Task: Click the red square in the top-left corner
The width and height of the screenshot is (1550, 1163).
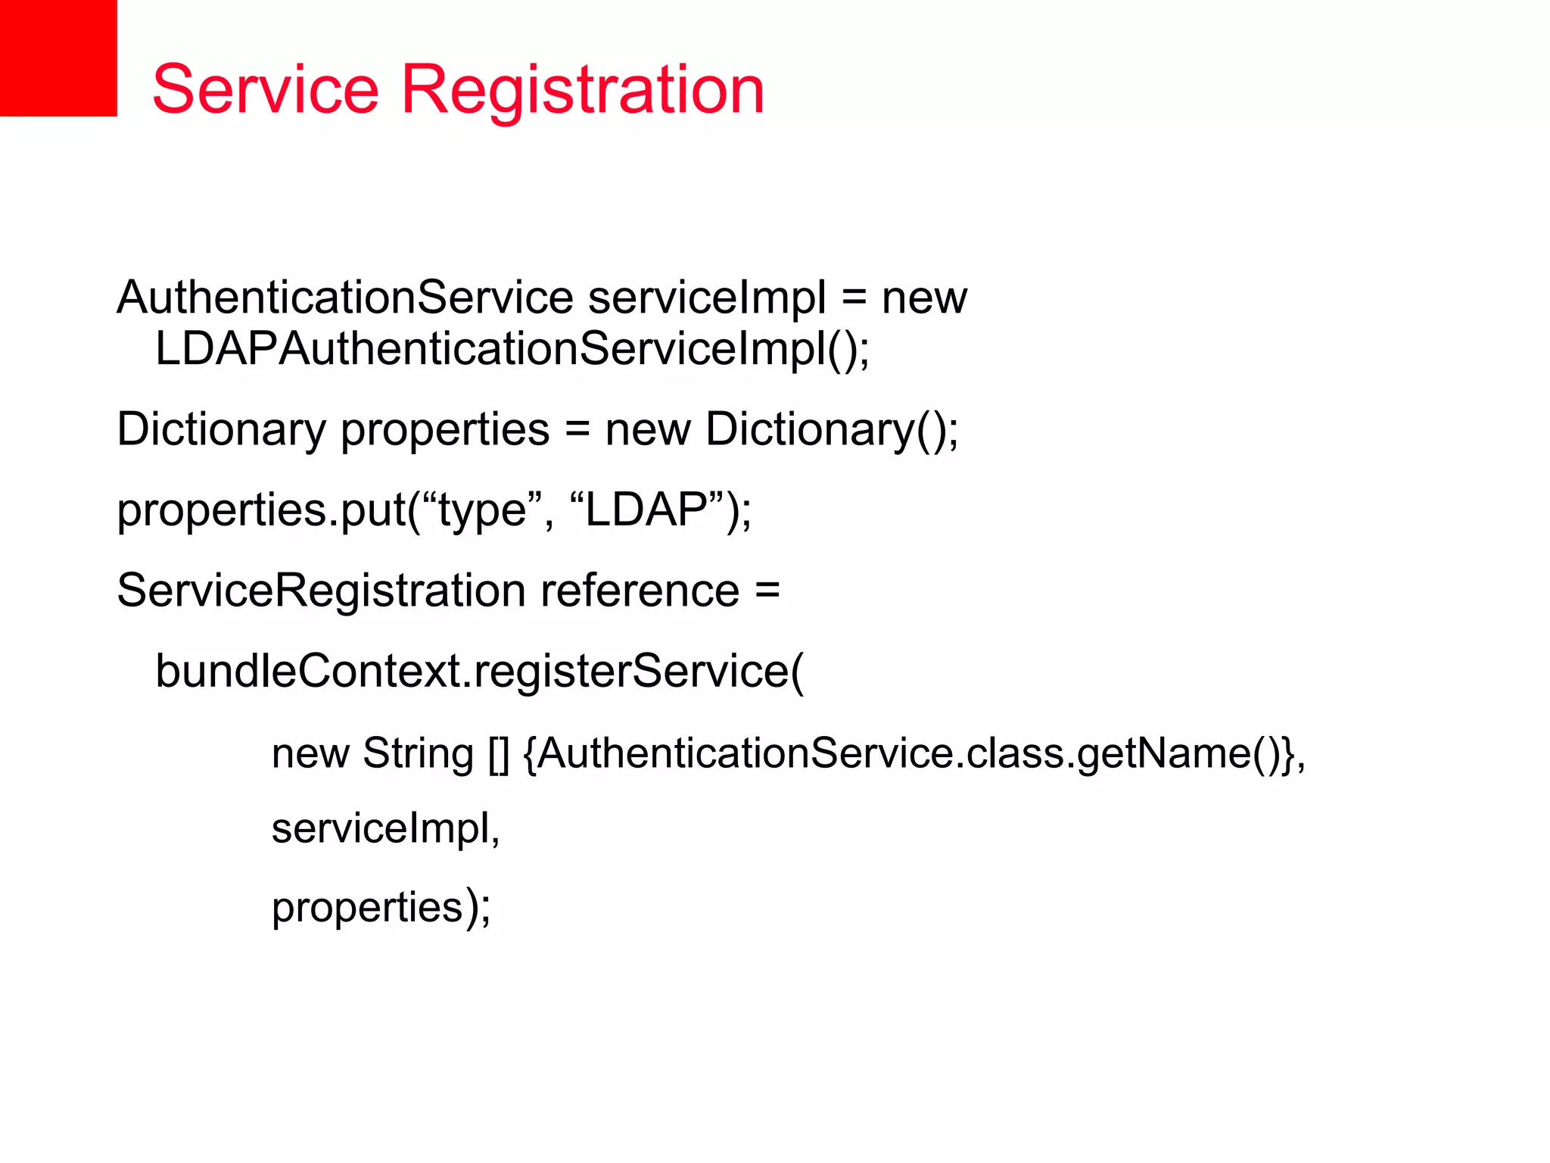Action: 58,58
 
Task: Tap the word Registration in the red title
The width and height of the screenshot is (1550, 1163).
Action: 583,91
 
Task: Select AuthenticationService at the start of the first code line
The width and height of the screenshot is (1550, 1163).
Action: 345,297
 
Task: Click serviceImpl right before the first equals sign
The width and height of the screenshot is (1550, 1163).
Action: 707,297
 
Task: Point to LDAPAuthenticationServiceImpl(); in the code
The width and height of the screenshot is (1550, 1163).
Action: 512,350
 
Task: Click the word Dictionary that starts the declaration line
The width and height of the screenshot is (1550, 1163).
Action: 221,430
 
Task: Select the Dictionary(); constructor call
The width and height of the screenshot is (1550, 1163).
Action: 832,430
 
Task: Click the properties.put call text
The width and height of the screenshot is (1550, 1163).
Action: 262,510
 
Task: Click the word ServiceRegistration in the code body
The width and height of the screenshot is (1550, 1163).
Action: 321,591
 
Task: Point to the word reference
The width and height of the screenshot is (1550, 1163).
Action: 640,591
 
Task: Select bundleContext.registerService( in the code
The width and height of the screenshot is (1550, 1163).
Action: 479,671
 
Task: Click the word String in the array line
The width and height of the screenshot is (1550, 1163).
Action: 418,753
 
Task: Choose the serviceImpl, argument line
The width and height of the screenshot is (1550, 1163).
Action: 385,828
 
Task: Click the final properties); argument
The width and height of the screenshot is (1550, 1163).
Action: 381,907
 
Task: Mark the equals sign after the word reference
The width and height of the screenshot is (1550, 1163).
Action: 767,591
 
